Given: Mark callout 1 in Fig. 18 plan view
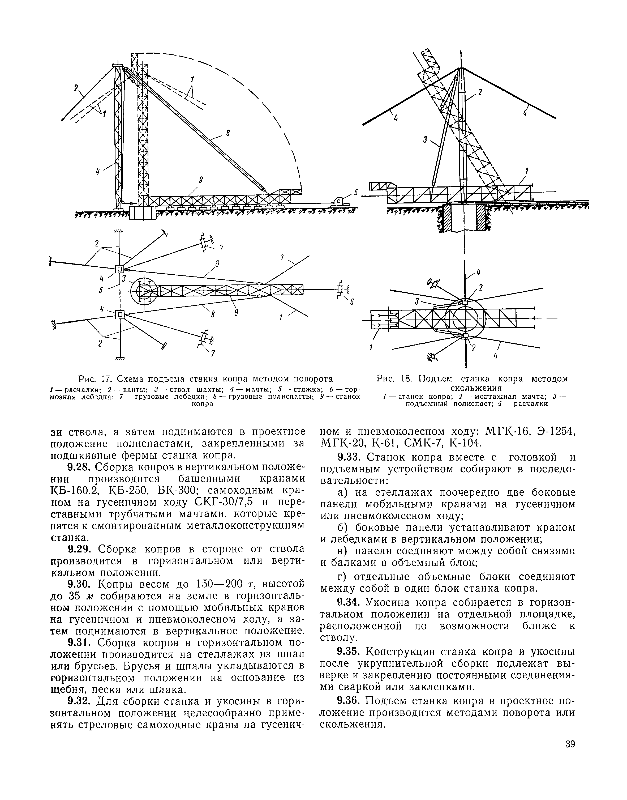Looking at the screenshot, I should [x=371, y=346].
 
